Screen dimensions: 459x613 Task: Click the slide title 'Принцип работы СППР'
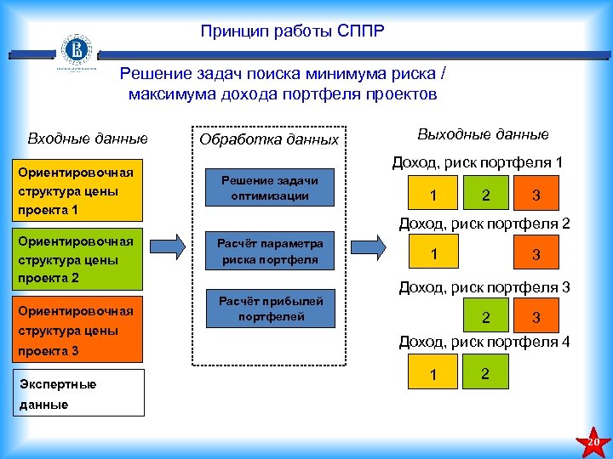coord(292,32)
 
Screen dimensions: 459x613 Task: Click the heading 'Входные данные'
coord(88,138)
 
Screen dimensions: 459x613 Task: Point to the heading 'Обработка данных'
coord(269,139)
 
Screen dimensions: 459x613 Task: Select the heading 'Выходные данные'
coord(483,134)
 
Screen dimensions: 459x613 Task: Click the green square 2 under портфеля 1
coord(485,195)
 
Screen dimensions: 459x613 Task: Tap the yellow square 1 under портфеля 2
coord(434,253)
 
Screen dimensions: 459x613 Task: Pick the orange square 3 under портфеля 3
coord(536,317)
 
